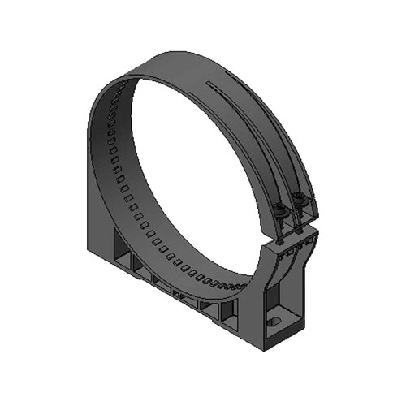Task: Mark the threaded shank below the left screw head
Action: coord(280,222)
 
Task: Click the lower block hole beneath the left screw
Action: coord(280,241)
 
